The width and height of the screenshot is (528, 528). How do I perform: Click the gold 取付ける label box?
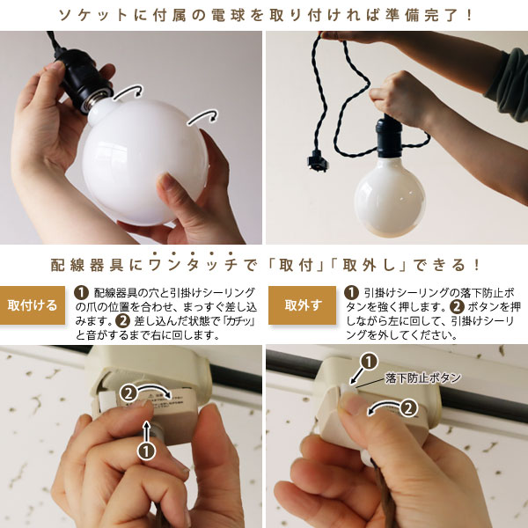[33, 305]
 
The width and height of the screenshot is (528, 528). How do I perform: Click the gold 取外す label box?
[302, 305]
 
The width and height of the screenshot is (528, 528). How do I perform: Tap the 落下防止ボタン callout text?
[423, 378]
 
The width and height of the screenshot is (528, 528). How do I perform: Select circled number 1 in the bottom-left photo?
[146, 451]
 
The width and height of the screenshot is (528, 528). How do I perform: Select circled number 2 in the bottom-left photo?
[128, 393]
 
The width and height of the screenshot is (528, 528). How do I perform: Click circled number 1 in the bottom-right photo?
[370, 362]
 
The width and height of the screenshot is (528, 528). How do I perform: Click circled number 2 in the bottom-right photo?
[408, 408]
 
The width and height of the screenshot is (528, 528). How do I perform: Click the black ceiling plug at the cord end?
[318, 161]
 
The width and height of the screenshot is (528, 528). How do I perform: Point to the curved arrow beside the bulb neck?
[128, 91]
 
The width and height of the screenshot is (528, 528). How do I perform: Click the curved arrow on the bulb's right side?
[202, 116]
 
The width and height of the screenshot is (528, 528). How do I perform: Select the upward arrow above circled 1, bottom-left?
[146, 431]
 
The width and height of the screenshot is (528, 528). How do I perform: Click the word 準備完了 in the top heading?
[423, 16]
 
